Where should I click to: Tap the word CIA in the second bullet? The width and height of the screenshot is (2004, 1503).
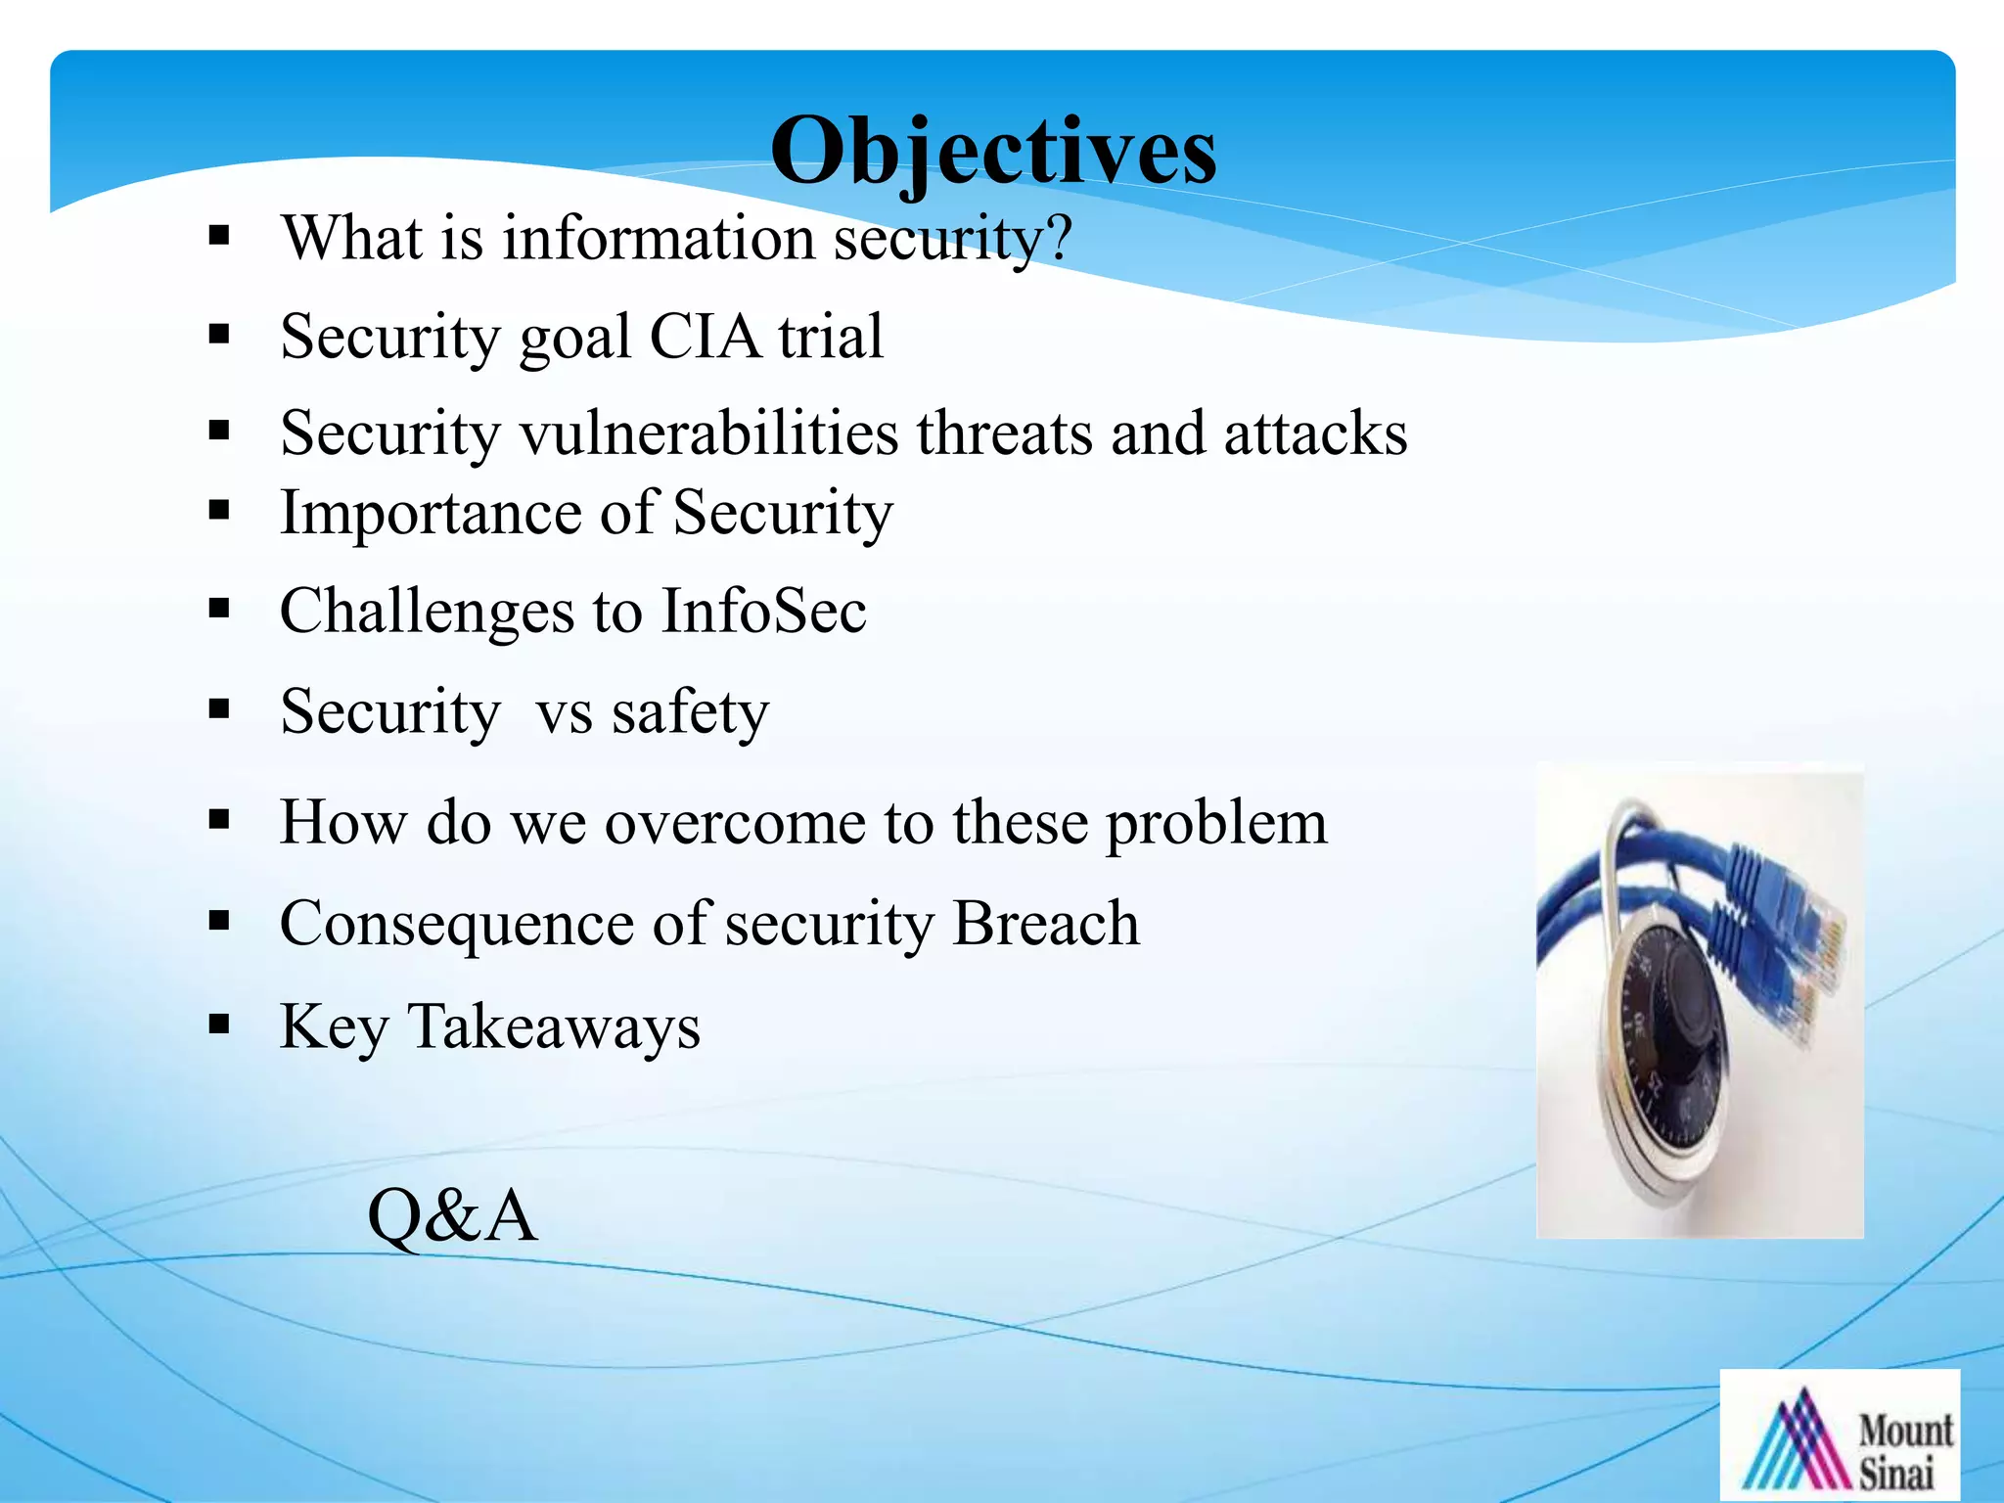pyautogui.click(x=705, y=337)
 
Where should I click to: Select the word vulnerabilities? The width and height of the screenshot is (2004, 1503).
pyautogui.click(x=708, y=433)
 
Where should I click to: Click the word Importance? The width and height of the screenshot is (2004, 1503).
pyautogui.click(x=431, y=514)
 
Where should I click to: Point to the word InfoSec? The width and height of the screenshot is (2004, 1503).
pyautogui.click(x=763, y=612)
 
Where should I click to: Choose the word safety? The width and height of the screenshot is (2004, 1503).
pyautogui.click(x=690, y=712)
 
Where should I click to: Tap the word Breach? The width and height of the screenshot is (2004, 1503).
pyautogui.click(x=1045, y=923)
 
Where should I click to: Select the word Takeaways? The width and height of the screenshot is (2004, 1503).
pyautogui.click(x=554, y=1027)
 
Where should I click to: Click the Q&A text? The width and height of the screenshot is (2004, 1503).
pyautogui.click(x=452, y=1216)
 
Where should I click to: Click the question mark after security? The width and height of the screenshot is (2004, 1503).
pyautogui.click(x=1057, y=238)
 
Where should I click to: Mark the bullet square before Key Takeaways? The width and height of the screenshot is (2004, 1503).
pyautogui.click(x=219, y=1025)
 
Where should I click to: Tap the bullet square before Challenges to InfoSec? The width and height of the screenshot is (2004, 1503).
pyautogui.click(x=219, y=609)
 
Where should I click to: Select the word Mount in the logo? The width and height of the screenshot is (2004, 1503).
pyautogui.click(x=1904, y=1431)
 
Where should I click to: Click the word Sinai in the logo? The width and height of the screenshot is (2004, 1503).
pyautogui.click(x=1895, y=1474)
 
